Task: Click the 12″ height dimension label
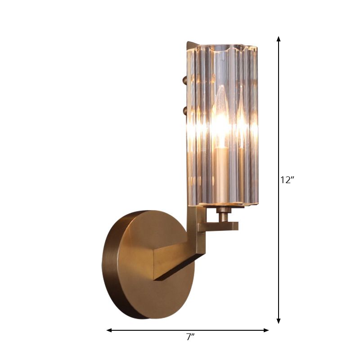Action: (287, 180)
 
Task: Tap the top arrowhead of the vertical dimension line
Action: (279, 39)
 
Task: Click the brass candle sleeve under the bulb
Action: (221, 171)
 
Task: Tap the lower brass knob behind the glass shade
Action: (184, 109)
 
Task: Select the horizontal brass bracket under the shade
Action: (220, 225)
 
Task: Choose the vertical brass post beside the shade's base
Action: (198, 225)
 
